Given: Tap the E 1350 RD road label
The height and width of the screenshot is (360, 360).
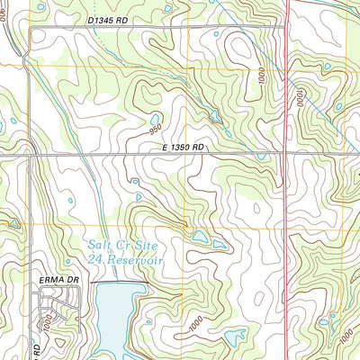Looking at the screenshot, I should tap(184, 146).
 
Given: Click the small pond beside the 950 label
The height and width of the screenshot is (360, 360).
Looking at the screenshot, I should tap(155, 118).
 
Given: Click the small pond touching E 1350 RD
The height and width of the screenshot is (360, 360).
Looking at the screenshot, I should tap(260, 155).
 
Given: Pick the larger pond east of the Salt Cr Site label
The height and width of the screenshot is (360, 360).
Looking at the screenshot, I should tap(200, 237).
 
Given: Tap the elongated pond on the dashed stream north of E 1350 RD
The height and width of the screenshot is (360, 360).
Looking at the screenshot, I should tap(214, 115).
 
